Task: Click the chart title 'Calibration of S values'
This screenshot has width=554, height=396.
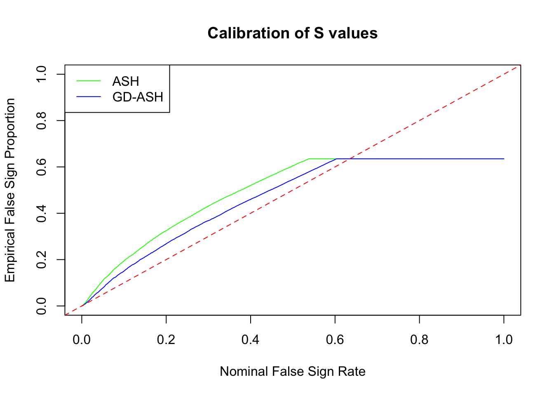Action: tap(292, 33)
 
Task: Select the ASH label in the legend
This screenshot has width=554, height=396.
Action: tap(125, 81)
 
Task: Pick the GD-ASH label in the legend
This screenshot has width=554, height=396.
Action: tap(138, 97)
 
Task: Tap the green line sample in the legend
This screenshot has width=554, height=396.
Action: tap(89, 81)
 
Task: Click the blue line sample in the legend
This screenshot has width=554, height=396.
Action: tap(89, 97)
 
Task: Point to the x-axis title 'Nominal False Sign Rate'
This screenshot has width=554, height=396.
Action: tap(292, 371)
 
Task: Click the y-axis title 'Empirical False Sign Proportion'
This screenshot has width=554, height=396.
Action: tap(10, 190)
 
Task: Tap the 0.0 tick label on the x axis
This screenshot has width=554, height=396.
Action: tap(82, 340)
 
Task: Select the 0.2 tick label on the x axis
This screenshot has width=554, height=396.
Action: tap(166, 340)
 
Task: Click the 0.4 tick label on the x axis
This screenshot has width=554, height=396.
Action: tap(251, 340)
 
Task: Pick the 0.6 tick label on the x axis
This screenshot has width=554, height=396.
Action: tap(335, 340)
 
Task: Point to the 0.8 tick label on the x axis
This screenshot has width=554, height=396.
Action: tap(419, 340)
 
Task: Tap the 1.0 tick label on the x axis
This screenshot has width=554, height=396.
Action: tap(504, 340)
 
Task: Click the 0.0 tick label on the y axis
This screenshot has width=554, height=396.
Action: tap(42, 306)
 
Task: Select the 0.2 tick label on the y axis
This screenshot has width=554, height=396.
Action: tap(42, 259)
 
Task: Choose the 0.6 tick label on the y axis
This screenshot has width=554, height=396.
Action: tap(42, 167)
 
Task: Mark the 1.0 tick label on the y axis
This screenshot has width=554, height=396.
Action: tap(42, 74)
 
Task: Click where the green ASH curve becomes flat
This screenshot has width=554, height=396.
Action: tap(309, 159)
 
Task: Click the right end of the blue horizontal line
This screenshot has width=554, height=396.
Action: tap(504, 159)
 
